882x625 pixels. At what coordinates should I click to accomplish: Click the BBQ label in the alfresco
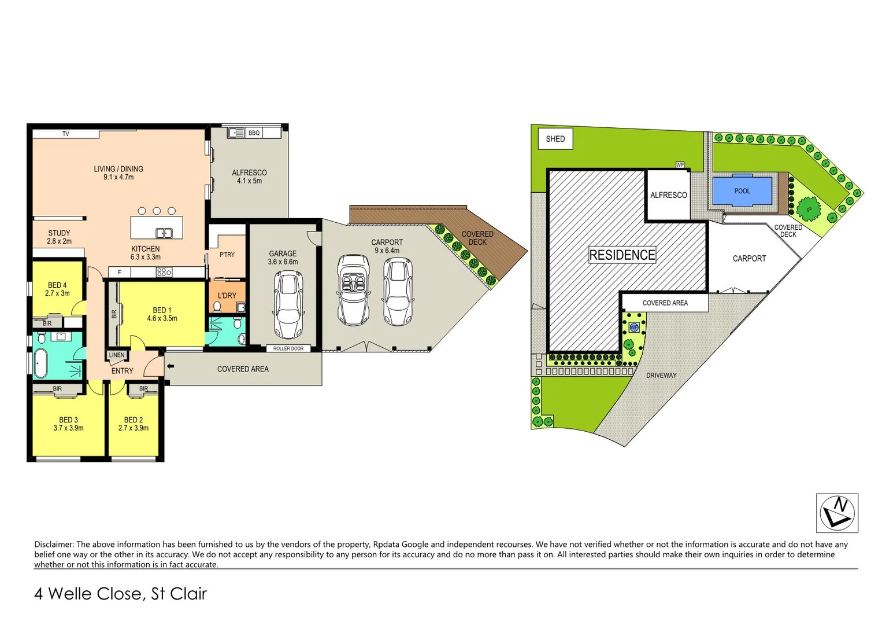[254, 133]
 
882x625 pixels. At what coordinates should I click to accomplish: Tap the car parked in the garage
[288, 305]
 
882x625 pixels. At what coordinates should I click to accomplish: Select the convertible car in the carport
[353, 290]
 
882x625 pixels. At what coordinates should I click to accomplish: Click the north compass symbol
[837, 513]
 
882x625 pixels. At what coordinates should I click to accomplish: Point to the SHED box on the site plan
[555, 139]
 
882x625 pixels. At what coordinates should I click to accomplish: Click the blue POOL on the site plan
[742, 191]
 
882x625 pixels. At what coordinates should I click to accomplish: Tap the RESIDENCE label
[622, 255]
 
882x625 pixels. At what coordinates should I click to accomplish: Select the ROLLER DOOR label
[288, 348]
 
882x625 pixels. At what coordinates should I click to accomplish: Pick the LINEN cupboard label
[117, 355]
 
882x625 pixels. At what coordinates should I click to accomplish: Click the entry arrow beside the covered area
[170, 366]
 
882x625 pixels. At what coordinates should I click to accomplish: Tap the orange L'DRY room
[227, 296]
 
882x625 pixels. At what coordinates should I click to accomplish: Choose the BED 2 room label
[134, 424]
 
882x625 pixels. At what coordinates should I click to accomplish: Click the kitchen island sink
[164, 233]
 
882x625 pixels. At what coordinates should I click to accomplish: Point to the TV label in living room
[66, 134]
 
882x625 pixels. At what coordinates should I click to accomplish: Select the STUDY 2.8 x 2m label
[59, 237]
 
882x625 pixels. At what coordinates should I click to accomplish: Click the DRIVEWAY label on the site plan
[661, 376]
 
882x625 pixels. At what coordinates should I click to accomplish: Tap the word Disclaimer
[54, 545]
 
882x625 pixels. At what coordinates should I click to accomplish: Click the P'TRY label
[227, 255]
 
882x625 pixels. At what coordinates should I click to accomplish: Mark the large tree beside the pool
[808, 208]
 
